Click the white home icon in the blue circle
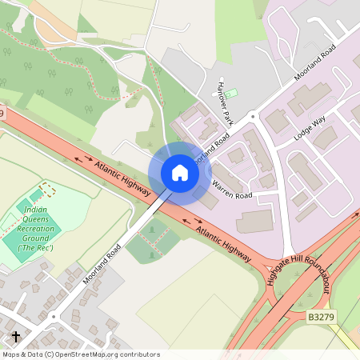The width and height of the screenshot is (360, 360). click(180, 172)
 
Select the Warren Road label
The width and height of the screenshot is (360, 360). click(232, 190)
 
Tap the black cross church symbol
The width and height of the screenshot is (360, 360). click(15, 337)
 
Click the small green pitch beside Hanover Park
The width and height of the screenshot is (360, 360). click(230, 94)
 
